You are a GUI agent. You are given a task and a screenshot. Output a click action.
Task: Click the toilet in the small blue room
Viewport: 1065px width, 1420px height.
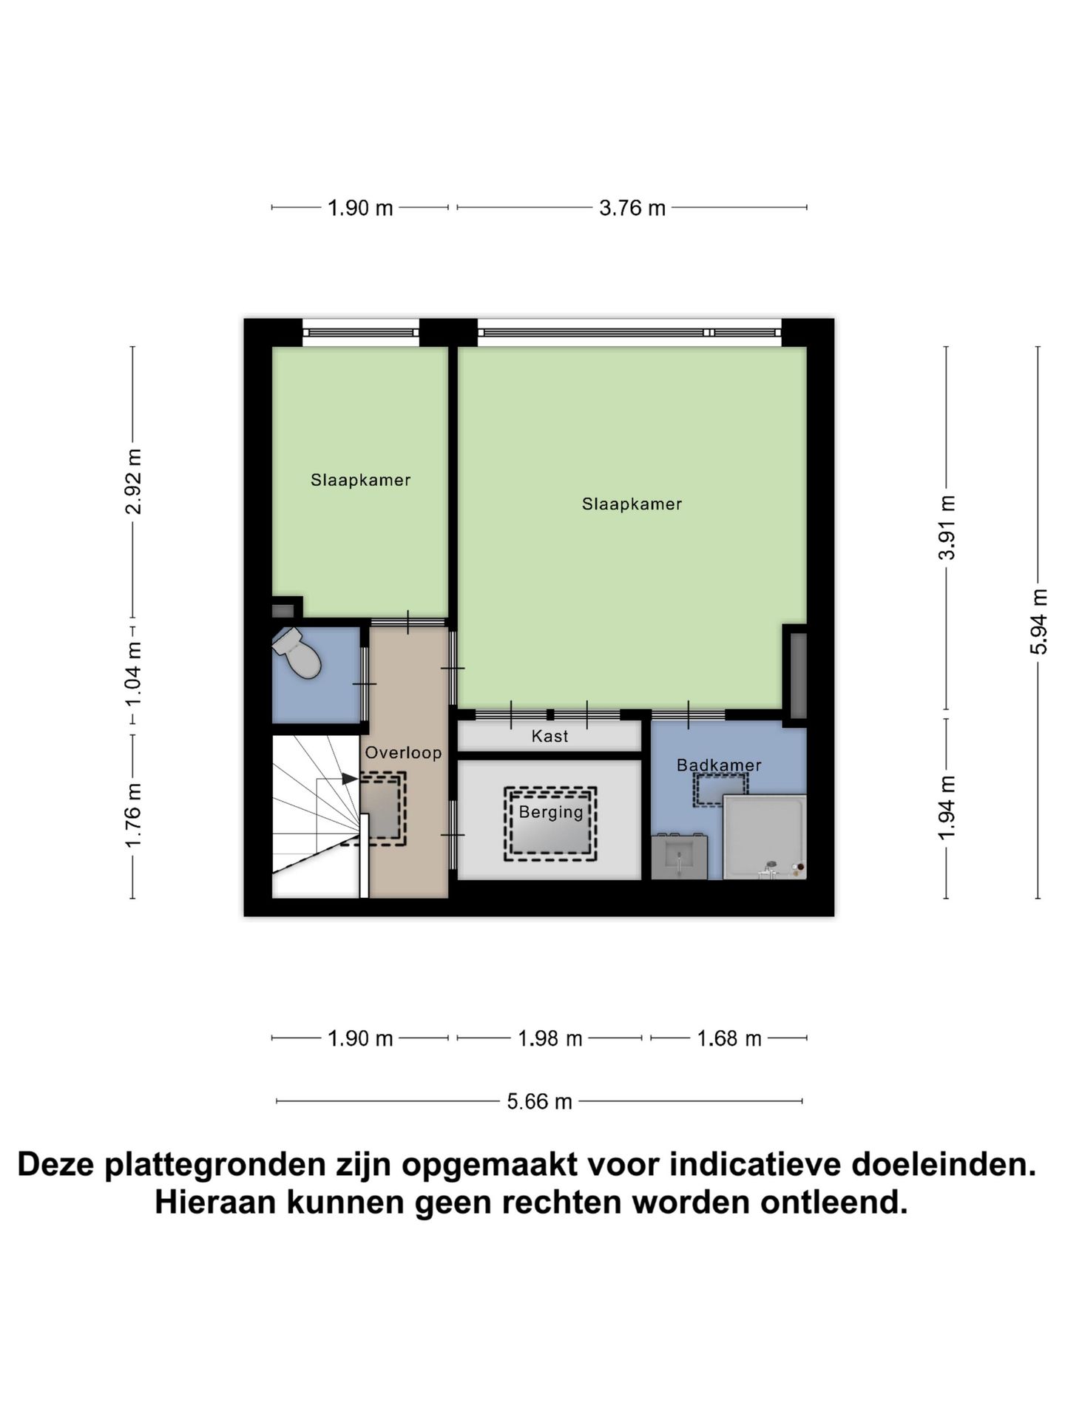click(297, 653)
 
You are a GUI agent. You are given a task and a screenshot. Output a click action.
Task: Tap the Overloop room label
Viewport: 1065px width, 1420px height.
click(403, 753)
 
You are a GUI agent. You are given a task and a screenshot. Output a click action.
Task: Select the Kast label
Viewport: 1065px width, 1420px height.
click(550, 736)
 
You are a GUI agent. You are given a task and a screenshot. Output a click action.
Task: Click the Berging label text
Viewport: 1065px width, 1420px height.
click(551, 812)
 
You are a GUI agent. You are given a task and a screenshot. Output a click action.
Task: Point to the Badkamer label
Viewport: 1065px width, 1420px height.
click(719, 765)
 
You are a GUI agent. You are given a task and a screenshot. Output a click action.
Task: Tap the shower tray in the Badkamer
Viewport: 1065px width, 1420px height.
click(763, 836)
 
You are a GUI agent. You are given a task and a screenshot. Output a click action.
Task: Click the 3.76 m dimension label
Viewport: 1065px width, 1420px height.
click(632, 209)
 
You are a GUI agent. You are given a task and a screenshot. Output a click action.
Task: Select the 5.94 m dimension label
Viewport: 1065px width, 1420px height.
click(1038, 621)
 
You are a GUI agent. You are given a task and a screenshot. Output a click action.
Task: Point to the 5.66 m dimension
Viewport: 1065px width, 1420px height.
click(539, 1102)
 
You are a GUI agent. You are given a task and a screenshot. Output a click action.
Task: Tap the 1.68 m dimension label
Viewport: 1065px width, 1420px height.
click(728, 1039)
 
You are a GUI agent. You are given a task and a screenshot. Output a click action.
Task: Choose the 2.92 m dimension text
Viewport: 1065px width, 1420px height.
click(133, 481)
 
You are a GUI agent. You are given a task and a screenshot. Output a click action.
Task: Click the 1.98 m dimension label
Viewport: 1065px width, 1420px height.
click(550, 1039)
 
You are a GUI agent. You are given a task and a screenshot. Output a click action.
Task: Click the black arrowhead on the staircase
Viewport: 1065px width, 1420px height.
click(350, 779)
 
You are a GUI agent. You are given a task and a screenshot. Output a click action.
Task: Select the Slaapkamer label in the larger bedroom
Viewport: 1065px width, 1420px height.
click(632, 504)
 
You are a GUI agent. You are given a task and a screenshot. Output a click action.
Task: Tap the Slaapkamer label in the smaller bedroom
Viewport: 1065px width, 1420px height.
click(360, 481)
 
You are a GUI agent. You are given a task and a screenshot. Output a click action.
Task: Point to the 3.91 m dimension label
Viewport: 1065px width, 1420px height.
click(947, 528)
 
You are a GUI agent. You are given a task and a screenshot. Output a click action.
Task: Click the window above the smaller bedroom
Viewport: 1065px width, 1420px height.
click(360, 333)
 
